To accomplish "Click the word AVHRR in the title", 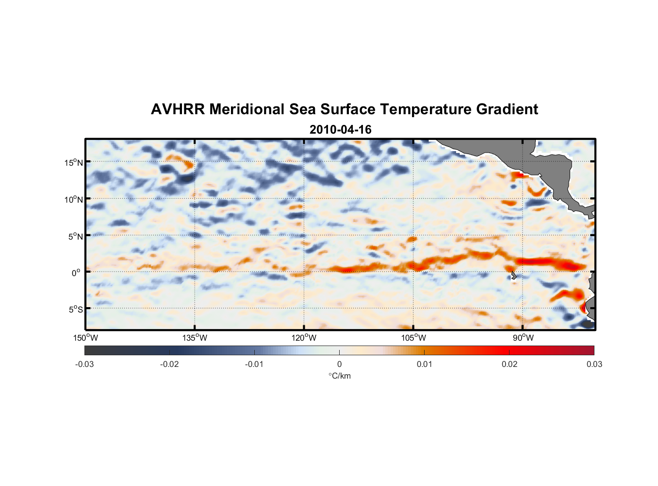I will pyautogui.click(x=178, y=109).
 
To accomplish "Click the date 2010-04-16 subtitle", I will pyautogui.click(x=340, y=130).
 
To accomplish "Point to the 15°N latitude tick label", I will pyautogui.click(x=74, y=162).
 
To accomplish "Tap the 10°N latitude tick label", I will pyautogui.click(x=74, y=199).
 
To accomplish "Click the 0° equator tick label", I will pyautogui.click(x=76, y=273).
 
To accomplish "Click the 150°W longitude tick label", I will pyautogui.click(x=85, y=338).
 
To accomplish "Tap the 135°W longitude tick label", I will pyautogui.click(x=195, y=338).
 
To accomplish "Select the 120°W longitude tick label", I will pyautogui.click(x=304, y=338).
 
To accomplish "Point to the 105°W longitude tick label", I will pyautogui.click(x=413, y=338).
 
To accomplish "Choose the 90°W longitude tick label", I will pyautogui.click(x=523, y=338).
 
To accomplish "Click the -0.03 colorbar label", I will pyautogui.click(x=84, y=364).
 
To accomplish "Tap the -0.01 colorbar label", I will pyautogui.click(x=254, y=364).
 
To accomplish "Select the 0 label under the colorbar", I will pyautogui.click(x=339, y=364).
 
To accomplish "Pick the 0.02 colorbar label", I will pyautogui.click(x=509, y=364).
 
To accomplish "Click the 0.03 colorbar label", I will pyautogui.click(x=594, y=364).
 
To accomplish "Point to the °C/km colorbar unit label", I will pyautogui.click(x=339, y=376).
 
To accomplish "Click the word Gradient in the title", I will pyautogui.click(x=507, y=109).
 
